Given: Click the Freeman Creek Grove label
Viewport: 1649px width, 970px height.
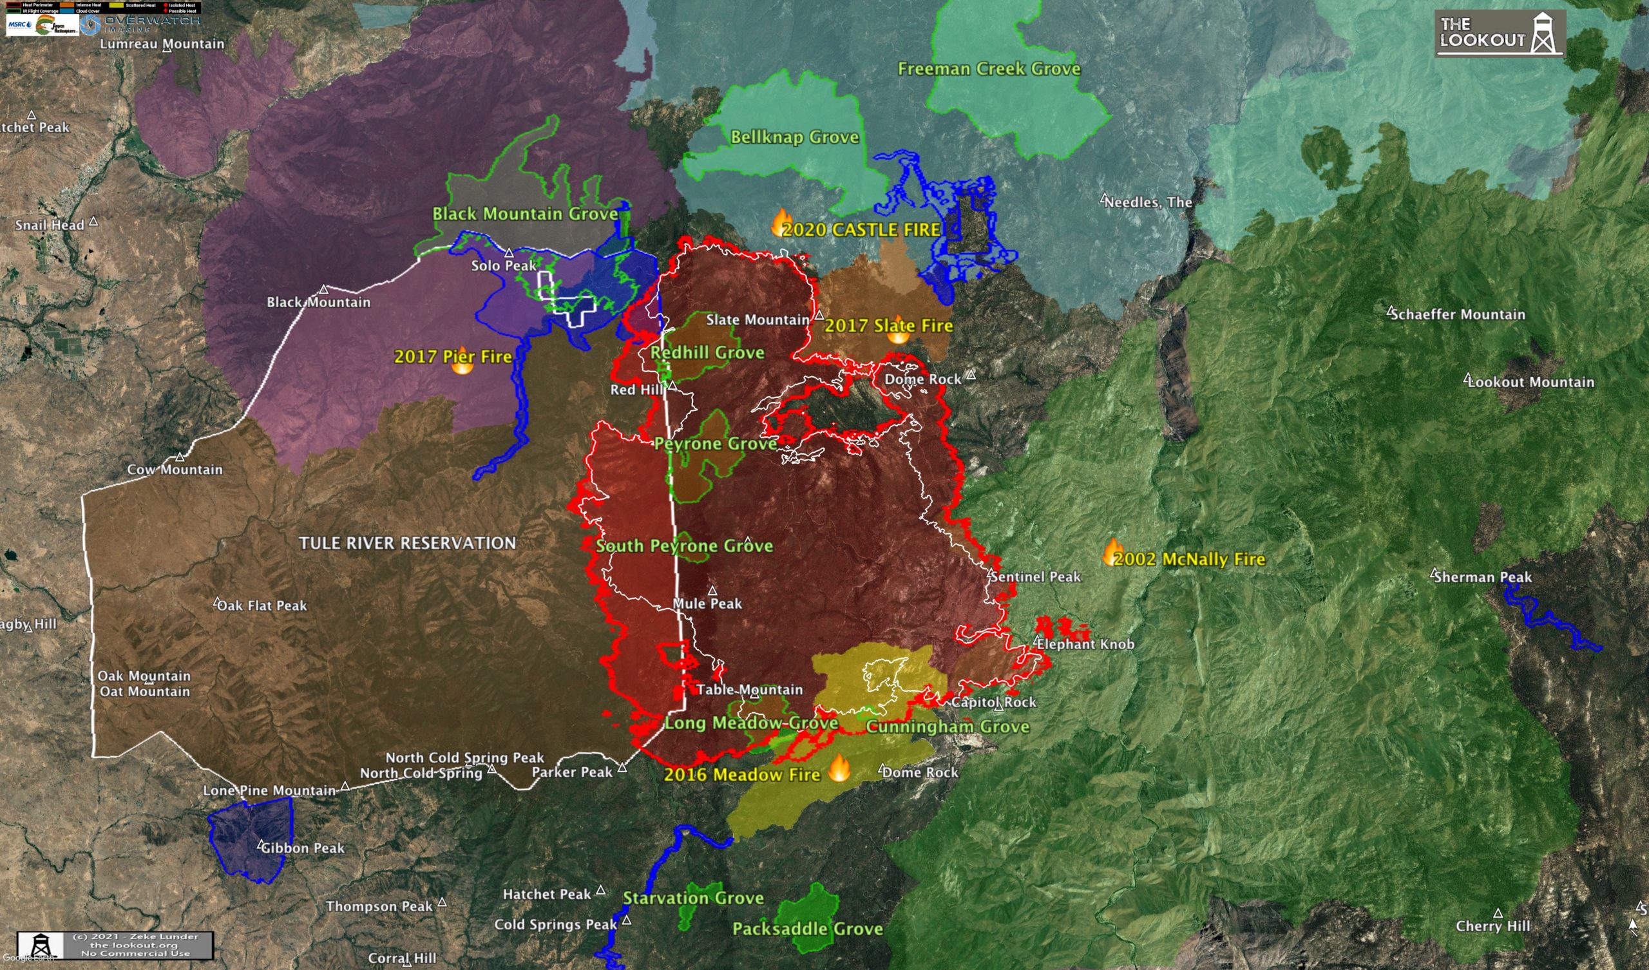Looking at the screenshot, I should click(988, 69).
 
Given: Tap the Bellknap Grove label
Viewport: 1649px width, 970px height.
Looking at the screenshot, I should click(794, 137).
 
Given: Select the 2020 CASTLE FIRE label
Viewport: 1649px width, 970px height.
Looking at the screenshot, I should click(861, 230).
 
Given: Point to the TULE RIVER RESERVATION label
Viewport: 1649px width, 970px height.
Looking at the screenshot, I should click(407, 543).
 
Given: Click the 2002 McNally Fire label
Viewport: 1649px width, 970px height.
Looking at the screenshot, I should click(1189, 560).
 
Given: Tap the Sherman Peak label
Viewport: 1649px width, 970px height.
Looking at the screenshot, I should click(1482, 577).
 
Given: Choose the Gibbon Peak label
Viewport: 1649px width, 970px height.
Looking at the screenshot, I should click(302, 848).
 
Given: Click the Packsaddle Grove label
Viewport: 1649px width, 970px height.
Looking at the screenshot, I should click(808, 929).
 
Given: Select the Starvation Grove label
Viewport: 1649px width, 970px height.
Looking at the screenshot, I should click(693, 898).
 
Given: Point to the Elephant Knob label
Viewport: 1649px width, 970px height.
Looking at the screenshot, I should click(1085, 644).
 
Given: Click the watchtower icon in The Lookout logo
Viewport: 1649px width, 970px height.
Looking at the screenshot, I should click(1543, 33).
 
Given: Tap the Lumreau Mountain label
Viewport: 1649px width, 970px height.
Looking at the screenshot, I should click(162, 44).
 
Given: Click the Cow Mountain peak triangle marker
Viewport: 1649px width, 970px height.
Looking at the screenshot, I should click(180, 457).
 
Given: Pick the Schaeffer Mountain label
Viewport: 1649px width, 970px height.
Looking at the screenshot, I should click(1458, 315).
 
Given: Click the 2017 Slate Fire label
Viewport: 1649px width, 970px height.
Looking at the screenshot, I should click(888, 326).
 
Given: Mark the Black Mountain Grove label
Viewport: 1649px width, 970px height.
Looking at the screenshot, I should click(525, 214).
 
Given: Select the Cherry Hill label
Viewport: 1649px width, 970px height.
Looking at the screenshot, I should click(1492, 926).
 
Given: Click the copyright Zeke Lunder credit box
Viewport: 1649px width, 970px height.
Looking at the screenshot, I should click(115, 945).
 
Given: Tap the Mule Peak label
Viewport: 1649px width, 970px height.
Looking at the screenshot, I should click(707, 604).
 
